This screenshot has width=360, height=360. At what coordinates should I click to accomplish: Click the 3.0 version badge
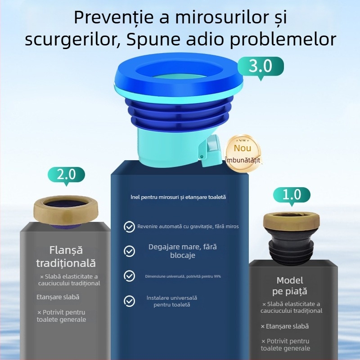coord(261,66)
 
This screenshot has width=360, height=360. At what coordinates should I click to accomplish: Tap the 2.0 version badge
coord(66,174)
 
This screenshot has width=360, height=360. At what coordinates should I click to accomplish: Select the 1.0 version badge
coord(292,195)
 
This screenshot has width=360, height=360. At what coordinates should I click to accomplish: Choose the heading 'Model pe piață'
coord(290,285)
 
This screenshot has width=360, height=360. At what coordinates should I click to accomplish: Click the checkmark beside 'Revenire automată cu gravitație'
coord(129,227)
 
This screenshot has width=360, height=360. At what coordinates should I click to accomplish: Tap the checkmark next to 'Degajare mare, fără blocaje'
coord(129,251)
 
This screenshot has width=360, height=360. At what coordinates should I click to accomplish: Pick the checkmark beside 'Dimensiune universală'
coord(129,276)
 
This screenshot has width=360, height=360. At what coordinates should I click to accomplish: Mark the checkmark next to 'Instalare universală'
coord(129,301)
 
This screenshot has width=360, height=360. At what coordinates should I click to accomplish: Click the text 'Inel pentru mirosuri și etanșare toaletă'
coord(178,197)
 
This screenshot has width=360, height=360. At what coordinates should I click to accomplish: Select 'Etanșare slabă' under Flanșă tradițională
coord(58,297)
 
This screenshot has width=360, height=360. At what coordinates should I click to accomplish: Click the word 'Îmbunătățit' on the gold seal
coord(243,160)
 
